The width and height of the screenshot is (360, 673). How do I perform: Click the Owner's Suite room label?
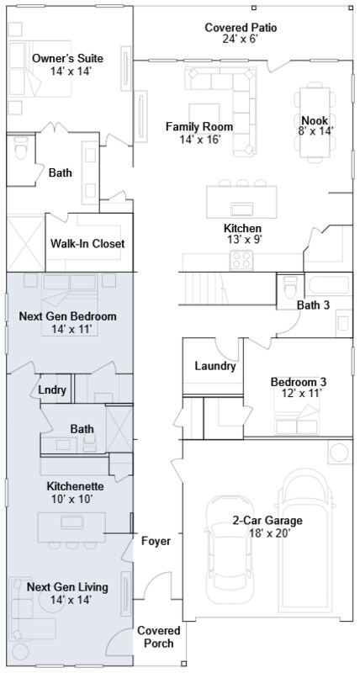click(x=68, y=58)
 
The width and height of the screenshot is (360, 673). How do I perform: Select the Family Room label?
click(x=199, y=127)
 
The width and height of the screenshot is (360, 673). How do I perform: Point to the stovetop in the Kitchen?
click(x=241, y=261)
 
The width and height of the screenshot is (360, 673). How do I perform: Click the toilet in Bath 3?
click(x=290, y=287)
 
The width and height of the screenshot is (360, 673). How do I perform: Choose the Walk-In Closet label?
click(x=87, y=244)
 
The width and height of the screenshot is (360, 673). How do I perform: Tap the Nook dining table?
click(x=315, y=122)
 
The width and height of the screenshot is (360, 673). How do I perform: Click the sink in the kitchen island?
click(x=242, y=209)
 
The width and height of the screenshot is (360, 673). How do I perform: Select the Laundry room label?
click(x=215, y=366)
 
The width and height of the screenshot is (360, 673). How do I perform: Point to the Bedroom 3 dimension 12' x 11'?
click(x=302, y=393)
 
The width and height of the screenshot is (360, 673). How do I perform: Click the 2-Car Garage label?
click(x=267, y=521)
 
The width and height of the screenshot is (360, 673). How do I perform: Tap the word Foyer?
click(x=156, y=542)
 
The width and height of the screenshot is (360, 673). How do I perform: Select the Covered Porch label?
click(x=159, y=637)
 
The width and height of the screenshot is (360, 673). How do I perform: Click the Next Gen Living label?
click(x=67, y=587)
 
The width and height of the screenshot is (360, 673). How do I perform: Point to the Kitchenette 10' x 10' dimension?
click(x=70, y=499)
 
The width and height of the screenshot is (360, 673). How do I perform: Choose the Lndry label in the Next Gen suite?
click(x=52, y=390)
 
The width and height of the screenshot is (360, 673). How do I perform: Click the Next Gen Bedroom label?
click(x=68, y=317)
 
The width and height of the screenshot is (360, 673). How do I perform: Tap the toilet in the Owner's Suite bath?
click(x=20, y=148)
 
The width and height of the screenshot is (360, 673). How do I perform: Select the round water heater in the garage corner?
click(x=339, y=453)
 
